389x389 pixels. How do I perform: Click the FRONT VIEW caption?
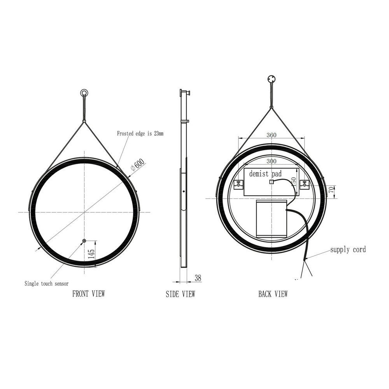[88, 294]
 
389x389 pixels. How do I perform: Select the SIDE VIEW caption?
[180, 294]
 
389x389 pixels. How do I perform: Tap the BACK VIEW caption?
[273, 294]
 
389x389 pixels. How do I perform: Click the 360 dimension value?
[272, 135]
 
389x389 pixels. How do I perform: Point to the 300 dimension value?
[271, 161]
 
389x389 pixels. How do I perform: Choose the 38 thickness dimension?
[198, 278]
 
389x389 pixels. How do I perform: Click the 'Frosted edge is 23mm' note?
[140, 133]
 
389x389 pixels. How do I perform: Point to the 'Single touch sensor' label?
[46, 284]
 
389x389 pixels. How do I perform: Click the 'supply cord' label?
[348, 250]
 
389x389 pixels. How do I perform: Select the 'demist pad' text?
[265, 173]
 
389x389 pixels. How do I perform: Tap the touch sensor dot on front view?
[84, 241]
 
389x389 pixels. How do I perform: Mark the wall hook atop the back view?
[272, 79]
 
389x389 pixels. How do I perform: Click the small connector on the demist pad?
[272, 182]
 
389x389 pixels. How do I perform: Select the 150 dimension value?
[295, 182]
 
